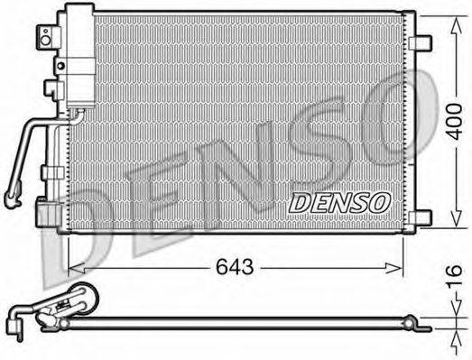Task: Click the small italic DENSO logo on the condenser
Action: click(x=342, y=203)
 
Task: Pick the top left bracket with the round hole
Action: click(x=42, y=37)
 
